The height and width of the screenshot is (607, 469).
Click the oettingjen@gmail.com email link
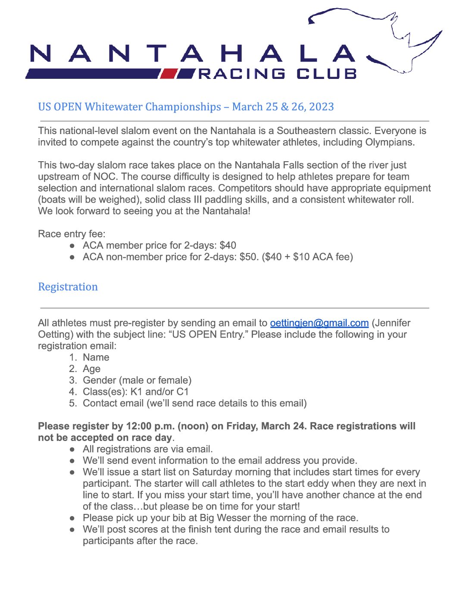pyautogui.click(x=319, y=323)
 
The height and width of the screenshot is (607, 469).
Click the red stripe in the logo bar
pyautogui.click(x=169, y=74)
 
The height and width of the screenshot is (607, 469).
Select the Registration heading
pyautogui.click(x=68, y=287)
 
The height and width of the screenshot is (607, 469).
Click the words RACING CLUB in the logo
pyautogui.click(x=278, y=74)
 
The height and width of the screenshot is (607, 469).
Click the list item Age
pyautogui.click(x=91, y=369)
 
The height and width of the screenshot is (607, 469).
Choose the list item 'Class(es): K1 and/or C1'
pyautogui.click(x=135, y=392)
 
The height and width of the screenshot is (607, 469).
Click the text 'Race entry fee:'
pyautogui.click(x=72, y=234)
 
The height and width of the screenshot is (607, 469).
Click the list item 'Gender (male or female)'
pyautogui.click(x=137, y=380)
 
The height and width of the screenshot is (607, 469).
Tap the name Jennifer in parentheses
pyautogui.click(x=392, y=323)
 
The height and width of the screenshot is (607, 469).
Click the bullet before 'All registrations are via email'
pyautogui.click(x=73, y=449)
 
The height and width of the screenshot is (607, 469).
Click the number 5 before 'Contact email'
pyautogui.click(x=73, y=404)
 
